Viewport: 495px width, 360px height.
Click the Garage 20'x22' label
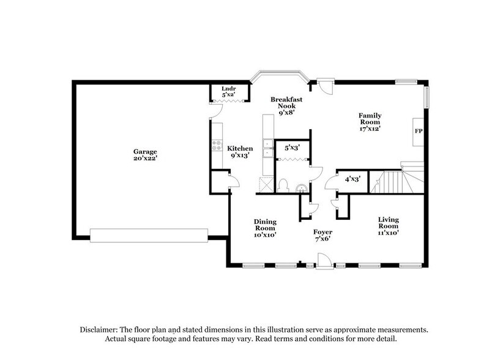coord(146,154)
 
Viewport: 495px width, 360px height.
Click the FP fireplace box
coord(419,132)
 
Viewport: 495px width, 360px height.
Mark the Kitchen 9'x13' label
coord(240,152)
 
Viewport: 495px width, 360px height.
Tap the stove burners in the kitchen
coord(217,146)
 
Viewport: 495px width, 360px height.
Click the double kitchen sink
coord(268,147)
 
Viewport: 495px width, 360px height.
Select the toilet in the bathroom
coord(283,185)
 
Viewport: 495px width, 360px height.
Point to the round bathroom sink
coord(300,187)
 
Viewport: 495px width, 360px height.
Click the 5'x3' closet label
coord(291,148)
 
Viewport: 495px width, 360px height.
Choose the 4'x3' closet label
coord(352,179)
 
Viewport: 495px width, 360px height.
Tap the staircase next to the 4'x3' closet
coord(392,182)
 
